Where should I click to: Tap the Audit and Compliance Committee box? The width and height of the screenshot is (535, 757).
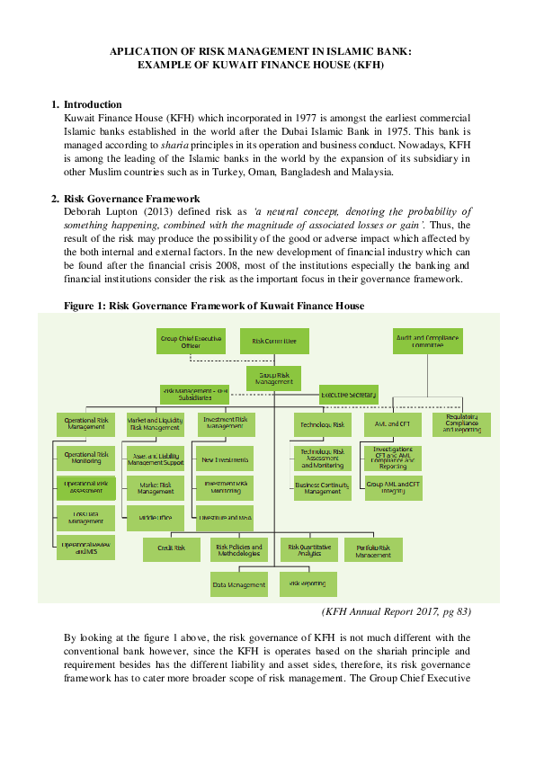427,341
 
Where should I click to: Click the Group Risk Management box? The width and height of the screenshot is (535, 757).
273,378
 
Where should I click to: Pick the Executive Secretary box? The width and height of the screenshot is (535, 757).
349,395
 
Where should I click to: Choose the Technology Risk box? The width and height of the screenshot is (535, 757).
321,424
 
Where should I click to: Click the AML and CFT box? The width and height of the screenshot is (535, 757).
392,424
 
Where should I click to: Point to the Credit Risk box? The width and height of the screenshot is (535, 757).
172,548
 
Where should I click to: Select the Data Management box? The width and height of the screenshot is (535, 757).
239,584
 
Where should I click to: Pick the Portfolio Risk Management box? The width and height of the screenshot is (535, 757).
373,549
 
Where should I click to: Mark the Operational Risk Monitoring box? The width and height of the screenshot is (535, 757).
85,459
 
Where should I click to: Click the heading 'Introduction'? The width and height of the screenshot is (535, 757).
93,105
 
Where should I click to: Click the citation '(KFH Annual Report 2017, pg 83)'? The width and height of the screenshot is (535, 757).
397,612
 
